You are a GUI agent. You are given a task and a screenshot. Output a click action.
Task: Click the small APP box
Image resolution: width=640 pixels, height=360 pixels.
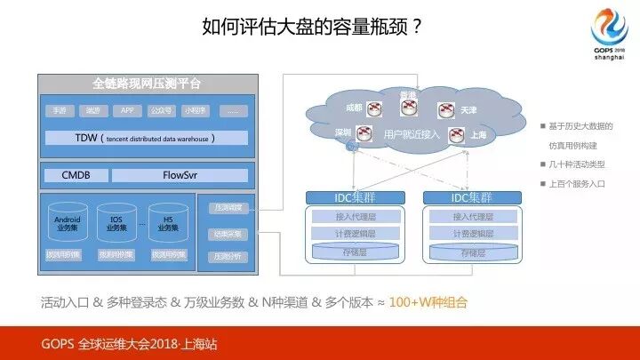pyautogui.click(x=129, y=111)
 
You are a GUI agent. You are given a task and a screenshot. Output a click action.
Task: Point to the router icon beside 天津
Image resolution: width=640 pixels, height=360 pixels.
pyautogui.click(x=446, y=109)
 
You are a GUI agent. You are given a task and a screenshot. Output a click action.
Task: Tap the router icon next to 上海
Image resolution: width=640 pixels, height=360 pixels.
pyautogui.click(x=457, y=136)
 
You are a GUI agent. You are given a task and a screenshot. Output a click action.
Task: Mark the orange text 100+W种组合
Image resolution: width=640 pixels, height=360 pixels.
pyautogui.click(x=428, y=302)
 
